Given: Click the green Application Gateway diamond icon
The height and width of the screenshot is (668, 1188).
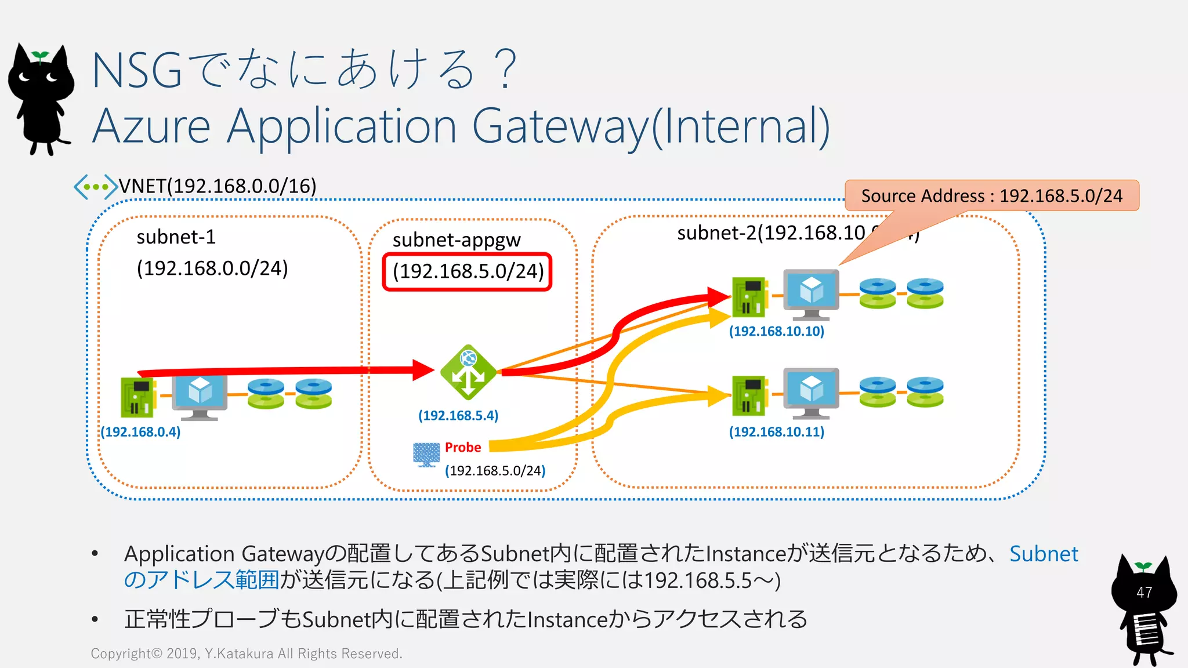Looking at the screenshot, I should click(468, 373).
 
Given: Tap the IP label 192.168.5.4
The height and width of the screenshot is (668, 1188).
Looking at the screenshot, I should click(458, 415).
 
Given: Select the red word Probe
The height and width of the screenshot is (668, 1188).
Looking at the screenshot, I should click(462, 447).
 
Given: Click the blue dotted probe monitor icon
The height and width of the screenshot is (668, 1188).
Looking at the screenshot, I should click(426, 454).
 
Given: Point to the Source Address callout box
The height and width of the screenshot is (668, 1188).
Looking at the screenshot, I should click(991, 196).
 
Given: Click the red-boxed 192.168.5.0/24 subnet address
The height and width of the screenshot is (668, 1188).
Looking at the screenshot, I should click(468, 271).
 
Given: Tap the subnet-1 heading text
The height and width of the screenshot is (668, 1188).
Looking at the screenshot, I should click(176, 237).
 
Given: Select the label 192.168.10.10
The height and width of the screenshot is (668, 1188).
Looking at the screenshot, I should click(776, 331).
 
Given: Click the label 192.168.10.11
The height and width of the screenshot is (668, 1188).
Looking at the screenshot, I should click(776, 431).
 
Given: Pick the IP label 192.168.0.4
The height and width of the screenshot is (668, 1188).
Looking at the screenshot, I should click(140, 432).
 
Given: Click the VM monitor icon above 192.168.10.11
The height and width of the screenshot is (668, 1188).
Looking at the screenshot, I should click(810, 392).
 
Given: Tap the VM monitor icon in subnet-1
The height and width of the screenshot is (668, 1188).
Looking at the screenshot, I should click(200, 397).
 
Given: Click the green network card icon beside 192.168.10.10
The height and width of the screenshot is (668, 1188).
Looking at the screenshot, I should click(749, 297).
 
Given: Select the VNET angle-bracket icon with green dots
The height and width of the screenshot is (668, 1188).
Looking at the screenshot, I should click(95, 187).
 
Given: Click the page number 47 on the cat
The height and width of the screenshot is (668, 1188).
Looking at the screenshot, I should click(1144, 592).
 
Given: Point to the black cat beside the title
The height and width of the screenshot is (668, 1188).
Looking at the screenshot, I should click(41, 99).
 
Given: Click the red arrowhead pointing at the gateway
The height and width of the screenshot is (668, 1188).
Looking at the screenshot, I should click(423, 370).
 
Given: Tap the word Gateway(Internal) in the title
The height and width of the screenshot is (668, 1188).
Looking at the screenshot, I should click(650, 126).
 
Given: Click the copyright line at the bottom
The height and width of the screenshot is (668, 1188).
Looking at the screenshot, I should click(246, 654).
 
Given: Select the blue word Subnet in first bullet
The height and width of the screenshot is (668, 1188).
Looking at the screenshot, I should click(1043, 554).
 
